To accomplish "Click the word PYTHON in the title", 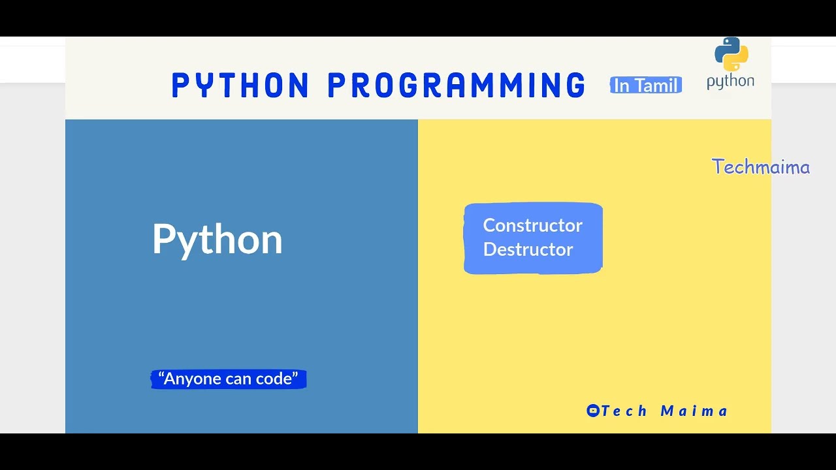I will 240,86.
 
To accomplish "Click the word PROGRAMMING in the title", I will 457,86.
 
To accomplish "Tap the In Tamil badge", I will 646,86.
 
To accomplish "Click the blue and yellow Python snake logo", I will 731,54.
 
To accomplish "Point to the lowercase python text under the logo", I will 730,82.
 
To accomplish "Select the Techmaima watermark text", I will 761,167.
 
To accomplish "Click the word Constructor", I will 532,226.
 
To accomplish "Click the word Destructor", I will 528,249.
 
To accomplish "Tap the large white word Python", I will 217,240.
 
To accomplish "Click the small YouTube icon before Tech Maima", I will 592,411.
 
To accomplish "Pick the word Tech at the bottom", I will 624,411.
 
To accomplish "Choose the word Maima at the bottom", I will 694,411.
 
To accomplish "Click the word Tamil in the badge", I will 656,86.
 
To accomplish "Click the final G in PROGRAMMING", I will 575,86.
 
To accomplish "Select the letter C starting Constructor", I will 489,226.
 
